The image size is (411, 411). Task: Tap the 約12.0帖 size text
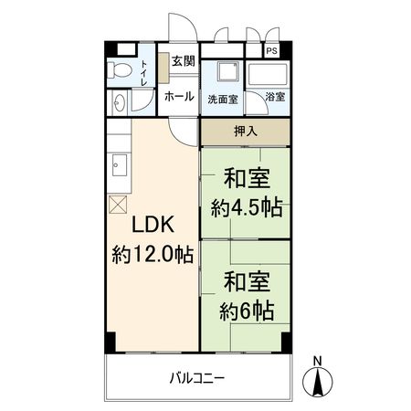point(152,254)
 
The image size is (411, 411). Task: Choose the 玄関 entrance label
point(183,61)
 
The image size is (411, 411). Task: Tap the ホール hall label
point(179,96)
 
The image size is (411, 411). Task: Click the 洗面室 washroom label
point(222,98)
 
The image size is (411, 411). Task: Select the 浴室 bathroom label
point(275,97)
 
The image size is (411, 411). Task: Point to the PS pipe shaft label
point(272,51)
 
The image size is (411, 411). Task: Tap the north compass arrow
point(317,381)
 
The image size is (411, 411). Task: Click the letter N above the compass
point(317,358)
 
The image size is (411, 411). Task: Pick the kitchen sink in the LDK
point(118,165)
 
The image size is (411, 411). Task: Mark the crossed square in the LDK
point(117,205)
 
